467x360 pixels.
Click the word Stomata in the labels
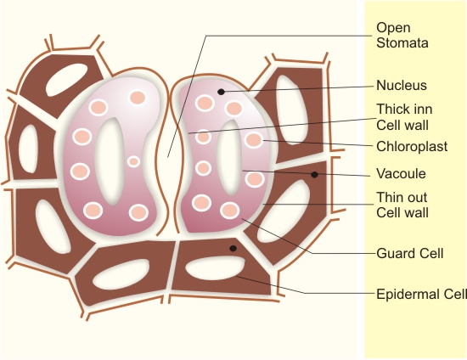pyautogui.click(x=402, y=42)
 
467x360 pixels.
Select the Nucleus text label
pyautogui.click(x=402, y=86)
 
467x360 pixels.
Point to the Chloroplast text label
pyautogui.click(x=412, y=147)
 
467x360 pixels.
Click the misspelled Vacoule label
pyautogui.click(x=401, y=173)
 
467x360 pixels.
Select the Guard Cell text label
pyautogui.click(x=410, y=253)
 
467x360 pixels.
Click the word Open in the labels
pyautogui.click(x=393, y=28)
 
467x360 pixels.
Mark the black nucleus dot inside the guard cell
pyautogui.click(x=221, y=92)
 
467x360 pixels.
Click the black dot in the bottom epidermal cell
pyautogui.click(x=233, y=248)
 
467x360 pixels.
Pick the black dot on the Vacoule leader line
pyautogui.click(x=314, y=175)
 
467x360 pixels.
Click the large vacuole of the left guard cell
pyautogui.click(x=110, y=161)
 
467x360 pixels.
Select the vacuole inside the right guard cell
pyautogui.click(x=228, y=158)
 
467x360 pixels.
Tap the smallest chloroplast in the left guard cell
pyautogui.click(x=133, y=161)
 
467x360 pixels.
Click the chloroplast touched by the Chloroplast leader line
pyautogui.click(x=254, y=140)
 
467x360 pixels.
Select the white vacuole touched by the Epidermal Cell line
pyautogui.click(x=215, y=268)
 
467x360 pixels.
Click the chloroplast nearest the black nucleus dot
pyautogui.click(x=205, y=103)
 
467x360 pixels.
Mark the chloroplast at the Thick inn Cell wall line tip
pyautogui.click(x=204, y=137)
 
